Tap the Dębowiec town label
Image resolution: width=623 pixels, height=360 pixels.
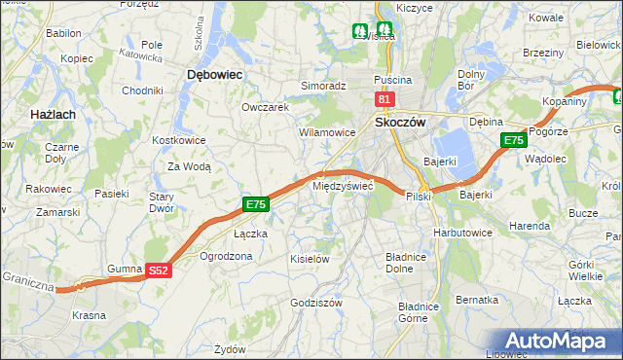[214, 74]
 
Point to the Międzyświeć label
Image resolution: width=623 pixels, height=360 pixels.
[342, 185]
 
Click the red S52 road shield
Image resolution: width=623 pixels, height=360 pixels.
[159, 270]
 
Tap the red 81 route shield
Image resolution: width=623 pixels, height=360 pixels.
[384, 99]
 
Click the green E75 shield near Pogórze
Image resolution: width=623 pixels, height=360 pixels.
[513, 141]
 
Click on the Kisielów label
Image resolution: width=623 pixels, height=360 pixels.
[311, 259]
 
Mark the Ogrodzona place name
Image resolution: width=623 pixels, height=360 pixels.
[226, 256]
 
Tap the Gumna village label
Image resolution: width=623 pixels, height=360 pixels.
[125, 267]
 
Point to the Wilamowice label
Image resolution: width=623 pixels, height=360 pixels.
[326, 131]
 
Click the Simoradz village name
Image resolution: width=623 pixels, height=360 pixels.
[323, 86]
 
